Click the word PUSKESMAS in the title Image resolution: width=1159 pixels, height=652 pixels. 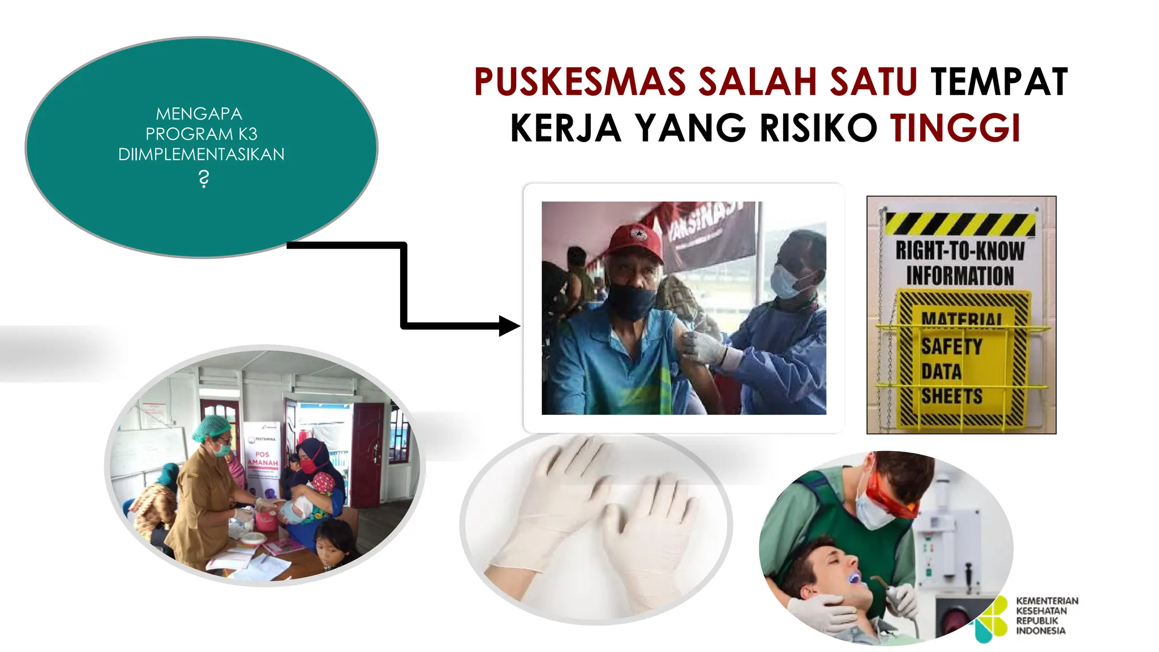(579, 82)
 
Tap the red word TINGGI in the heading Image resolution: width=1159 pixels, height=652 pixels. (955, 128)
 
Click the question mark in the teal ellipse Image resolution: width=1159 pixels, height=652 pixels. (204, 179)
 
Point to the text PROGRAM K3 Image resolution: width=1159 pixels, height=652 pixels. (201, 134)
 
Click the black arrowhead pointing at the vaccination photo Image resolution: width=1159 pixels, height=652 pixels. (509, 325)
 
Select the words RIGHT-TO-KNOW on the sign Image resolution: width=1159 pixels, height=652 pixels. (960, 251)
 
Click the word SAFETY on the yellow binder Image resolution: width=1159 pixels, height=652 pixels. (951, 346)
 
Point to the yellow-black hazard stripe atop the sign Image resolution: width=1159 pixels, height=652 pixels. (960, 224)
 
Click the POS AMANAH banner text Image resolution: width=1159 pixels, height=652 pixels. (263, 458)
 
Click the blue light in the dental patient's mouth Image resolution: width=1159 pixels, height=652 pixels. (855, 578)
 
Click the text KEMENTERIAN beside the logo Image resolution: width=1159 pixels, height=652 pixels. (1047, 600)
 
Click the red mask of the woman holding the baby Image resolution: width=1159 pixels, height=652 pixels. (308, 465)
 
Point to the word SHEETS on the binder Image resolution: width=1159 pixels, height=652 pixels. (951, 396)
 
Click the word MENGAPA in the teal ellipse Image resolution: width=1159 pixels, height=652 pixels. (199, 114)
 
